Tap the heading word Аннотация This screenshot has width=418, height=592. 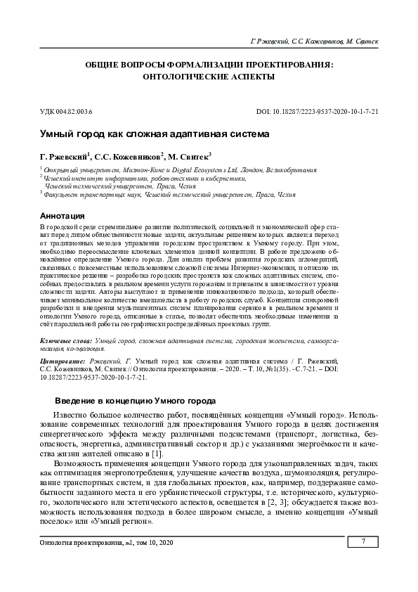tap(63, 215)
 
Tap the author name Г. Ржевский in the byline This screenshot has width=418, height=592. tap(65, 157)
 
